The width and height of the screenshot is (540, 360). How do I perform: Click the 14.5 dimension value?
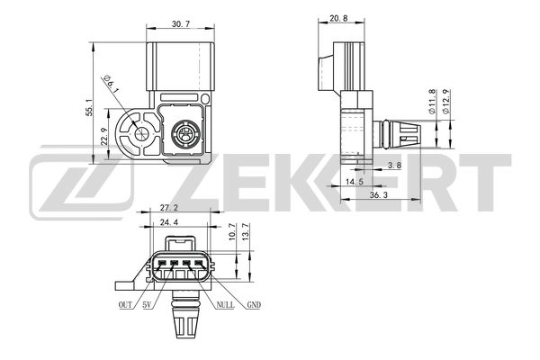[354, 180]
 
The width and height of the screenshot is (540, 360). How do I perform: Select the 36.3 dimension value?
[378, 195]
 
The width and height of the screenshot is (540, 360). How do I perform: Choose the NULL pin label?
[224, 306]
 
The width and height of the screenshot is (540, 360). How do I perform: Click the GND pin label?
[254, 306]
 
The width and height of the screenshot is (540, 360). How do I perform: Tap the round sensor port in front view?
[185, 137]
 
